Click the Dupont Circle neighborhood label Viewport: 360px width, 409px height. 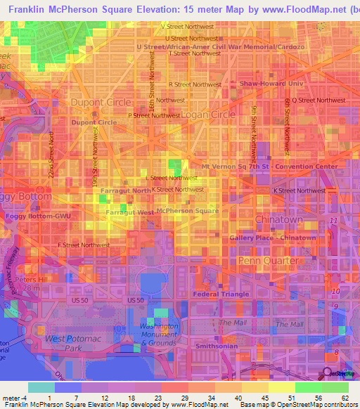[101, 103]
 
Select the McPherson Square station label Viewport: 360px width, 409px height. [187, 211]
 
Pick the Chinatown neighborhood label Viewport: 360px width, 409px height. [278, 219]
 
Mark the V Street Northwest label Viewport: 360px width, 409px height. [187, 26]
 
